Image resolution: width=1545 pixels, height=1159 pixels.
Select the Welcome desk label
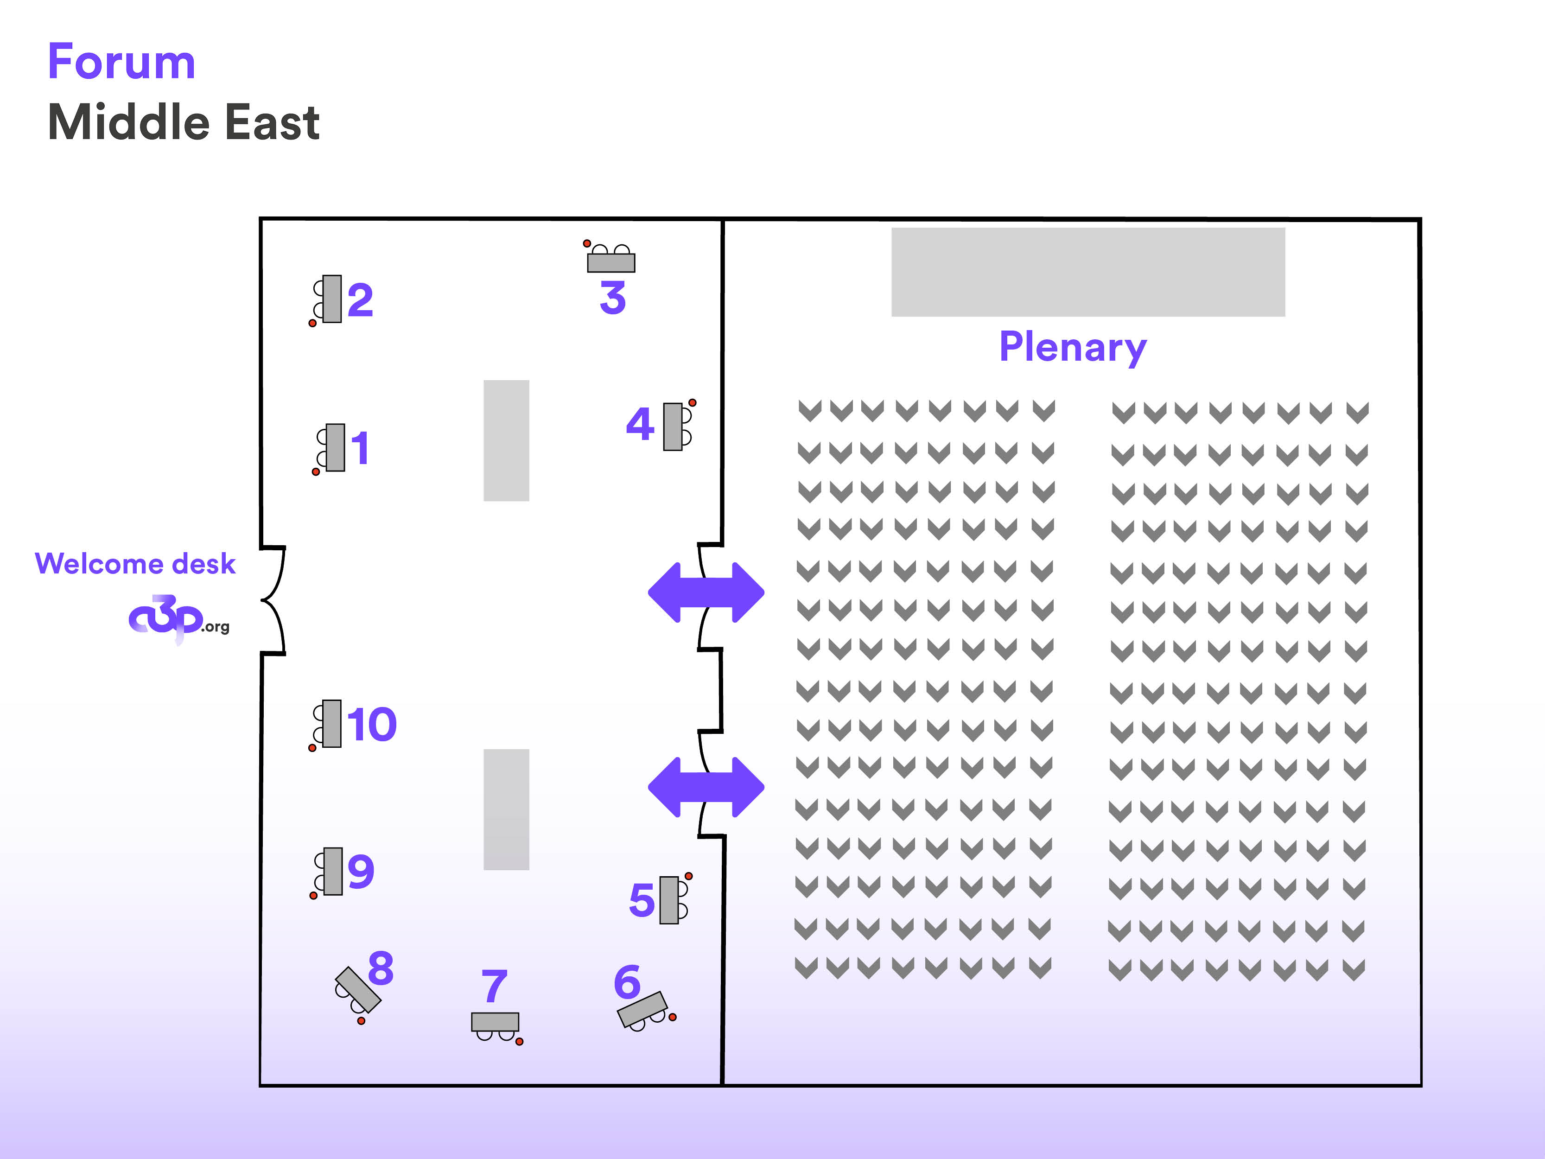tap(135, 563)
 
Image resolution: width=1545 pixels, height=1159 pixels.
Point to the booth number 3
tap(612, 298)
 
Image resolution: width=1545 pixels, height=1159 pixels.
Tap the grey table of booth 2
tap(332, 299)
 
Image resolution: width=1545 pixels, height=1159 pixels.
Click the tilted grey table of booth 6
tap(642, 1010)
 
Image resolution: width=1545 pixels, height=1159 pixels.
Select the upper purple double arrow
tap(706, 592)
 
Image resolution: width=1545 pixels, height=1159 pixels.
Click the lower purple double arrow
tap(706, 787)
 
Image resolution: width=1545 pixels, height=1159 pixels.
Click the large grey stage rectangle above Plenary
tap(1087, 272)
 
